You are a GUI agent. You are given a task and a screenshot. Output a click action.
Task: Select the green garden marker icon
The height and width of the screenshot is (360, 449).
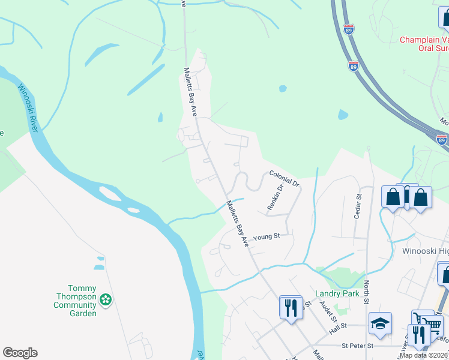[x=106, y=299]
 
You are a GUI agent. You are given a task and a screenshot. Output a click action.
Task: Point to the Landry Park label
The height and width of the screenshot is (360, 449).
[x=337, y=294]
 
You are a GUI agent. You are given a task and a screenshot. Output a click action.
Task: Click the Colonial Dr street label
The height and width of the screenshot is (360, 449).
[x=284, y=178]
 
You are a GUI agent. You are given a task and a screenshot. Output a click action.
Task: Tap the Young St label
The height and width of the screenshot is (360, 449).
[x=267, y=237]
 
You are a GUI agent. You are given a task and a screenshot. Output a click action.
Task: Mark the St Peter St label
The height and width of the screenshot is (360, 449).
[x=357, y=346]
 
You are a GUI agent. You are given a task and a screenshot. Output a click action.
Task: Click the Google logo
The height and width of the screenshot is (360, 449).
[x=20, y=353]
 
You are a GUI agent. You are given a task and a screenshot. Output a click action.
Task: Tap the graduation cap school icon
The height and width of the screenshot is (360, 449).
[x=380, y=325]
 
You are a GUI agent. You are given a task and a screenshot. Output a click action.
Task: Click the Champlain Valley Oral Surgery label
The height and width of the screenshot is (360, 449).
[x=424, y=45]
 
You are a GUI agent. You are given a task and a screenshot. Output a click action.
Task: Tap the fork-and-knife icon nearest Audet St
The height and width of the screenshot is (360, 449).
[x=291, y=307]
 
